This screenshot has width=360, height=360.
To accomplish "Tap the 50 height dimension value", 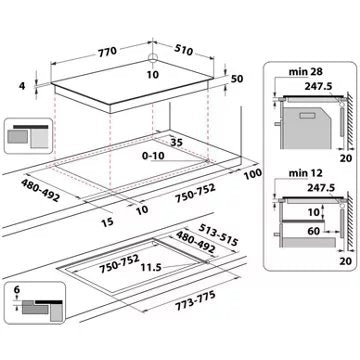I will click(237, 77).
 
